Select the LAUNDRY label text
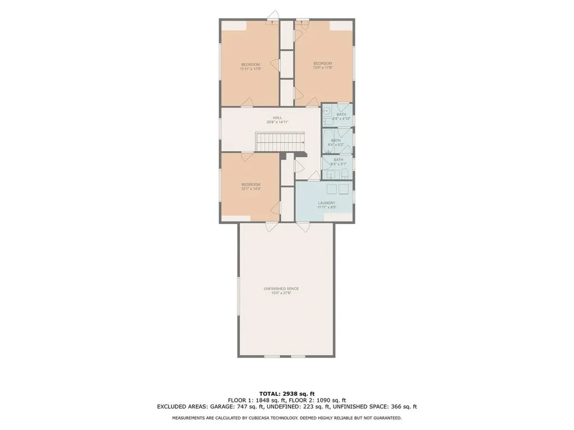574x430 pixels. (x=326, y=203)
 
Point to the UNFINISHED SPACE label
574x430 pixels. (x=281, y=288)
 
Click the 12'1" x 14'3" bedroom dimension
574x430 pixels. (x=251, y=189)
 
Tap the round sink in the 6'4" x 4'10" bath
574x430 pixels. (x=326, y=111)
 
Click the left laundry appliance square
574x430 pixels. (x=331, y=189)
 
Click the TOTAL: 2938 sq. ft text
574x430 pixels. (x=286, y=392)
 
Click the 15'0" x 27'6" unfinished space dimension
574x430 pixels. (x=281, y=293)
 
